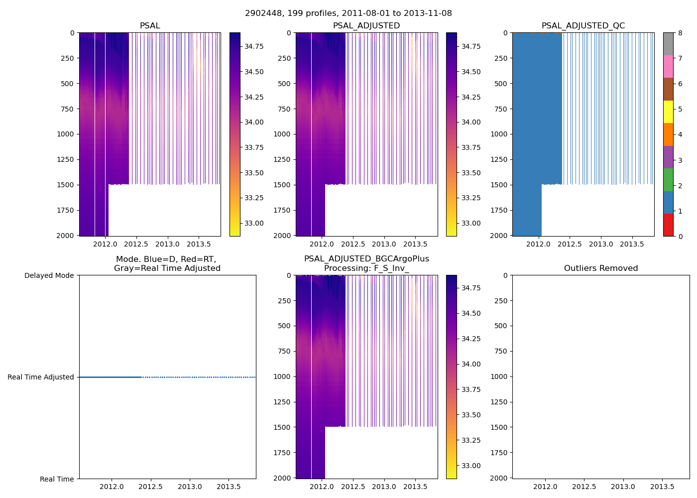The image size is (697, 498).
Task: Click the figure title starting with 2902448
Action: coord(348,13)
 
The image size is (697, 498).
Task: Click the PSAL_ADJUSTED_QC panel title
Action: coord(583,26)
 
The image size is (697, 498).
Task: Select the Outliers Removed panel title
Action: coord(600,268)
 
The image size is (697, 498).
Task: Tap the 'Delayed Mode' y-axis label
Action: coord(49,275)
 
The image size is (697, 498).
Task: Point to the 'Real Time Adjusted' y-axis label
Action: coord(40,377)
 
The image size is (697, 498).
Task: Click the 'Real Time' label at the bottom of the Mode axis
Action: coord(57,479)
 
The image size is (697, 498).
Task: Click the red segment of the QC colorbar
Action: coord(668,225)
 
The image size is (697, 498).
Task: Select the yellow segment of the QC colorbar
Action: coord(668,112)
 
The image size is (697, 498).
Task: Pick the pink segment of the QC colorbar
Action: coord(668,66)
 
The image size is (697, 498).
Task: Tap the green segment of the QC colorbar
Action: coord(668,180)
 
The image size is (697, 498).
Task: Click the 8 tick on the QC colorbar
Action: coord(680,33)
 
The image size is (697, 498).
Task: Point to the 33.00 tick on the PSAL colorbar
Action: coord(254,223)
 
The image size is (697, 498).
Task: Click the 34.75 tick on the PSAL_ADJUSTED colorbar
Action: coord(470,46)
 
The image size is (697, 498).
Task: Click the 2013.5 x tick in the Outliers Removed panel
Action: coord(662,487)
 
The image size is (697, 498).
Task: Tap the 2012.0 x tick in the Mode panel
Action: coord(112,487)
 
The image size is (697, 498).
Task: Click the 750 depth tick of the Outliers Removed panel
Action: coord(501,351)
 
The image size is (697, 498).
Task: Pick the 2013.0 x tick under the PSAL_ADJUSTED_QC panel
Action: coord(601,244)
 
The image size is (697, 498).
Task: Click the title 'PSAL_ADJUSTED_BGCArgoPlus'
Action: coord(366,259)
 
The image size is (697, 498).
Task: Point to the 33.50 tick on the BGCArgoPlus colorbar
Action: coord(470,415)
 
